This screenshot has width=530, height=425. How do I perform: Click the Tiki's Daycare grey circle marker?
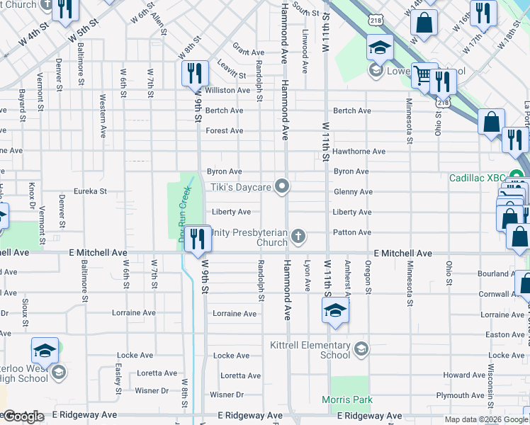[x=283, y=187]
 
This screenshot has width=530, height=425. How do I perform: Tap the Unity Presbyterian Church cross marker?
[x=299, y=236]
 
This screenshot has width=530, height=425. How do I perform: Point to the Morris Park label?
[x=347, y=400]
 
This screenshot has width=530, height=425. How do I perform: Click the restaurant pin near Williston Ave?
[x=193, y=74]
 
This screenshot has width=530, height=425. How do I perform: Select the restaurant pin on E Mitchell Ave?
[x=198, y=238]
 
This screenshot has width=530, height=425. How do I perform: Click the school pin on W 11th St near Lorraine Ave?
[x=335, y=310]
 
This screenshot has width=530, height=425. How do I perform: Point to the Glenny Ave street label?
[x=352, y=192]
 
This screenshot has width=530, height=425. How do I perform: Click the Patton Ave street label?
[x=351, y=232]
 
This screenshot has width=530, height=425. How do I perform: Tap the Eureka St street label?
[x=91, y=191]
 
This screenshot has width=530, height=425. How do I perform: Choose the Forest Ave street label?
[x=224, y=131]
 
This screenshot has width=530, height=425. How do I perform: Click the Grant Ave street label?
[x=248, y=52]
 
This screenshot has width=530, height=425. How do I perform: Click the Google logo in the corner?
[x=23, y=416]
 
